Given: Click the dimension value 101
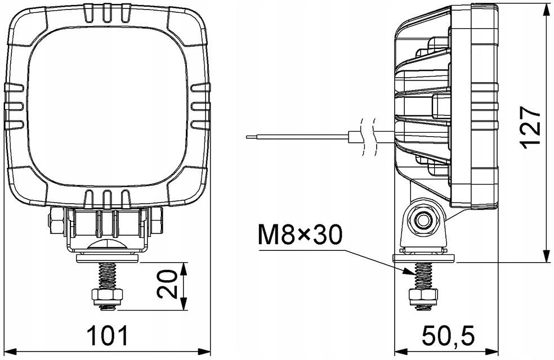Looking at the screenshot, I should [107, 336].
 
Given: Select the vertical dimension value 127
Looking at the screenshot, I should [531, 127].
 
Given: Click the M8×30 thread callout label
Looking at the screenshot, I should [300, 236].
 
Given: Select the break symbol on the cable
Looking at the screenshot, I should [369, 136].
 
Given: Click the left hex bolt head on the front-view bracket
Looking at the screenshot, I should [56, 221].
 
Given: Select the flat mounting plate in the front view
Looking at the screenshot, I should [107, 257].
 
